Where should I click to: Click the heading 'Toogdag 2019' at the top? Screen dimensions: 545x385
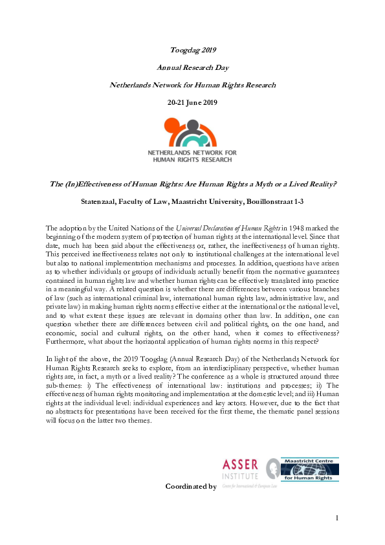pyautogui.click(x=192, y=50)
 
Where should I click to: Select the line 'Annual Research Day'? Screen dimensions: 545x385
pyautogui.click(x=192, y=67)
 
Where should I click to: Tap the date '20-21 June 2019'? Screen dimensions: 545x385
pyautogui.click(x=192, y=102)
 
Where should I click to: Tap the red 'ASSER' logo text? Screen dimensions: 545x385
pyautogui.click(x=240, y=465)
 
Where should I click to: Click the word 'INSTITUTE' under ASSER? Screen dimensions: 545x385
pyautogui.click(x=241, y=476)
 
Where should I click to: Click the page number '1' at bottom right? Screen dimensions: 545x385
pyautogui.click(x=337, y=518)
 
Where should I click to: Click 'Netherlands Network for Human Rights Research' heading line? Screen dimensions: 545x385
pyautogui.click(x=192, y=85)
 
